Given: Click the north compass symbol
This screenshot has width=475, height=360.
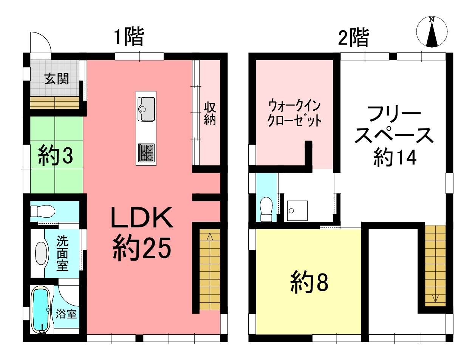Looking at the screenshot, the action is [x=432, y=32].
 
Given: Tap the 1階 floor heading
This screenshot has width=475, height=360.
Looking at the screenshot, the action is [x=129, y=37].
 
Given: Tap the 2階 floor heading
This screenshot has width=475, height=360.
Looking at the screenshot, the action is [x=353, y=38].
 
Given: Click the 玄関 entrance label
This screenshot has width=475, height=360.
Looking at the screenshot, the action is [x=57, y=79].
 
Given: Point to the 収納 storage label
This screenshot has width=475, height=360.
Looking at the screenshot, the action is [x=209, y=114].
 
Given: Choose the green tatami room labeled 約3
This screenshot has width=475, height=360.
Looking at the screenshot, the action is [x=56, y=155].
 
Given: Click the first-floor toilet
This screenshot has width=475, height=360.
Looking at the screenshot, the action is [x=42, y=211].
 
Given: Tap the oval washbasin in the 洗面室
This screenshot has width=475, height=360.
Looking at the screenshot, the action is [x=41, y=253].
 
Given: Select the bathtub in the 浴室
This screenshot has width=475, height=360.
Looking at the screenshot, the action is [x=41, y=310].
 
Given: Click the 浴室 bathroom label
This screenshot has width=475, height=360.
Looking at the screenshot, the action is [x=66, y=314].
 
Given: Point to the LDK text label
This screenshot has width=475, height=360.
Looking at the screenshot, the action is [x=142, y=218].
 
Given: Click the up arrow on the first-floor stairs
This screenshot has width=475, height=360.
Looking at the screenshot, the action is [x=209, y=237].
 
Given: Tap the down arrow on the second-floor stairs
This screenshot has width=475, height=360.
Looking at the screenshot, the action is [x=435, y=298].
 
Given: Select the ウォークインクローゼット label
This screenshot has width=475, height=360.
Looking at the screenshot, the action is [x=294, y=113].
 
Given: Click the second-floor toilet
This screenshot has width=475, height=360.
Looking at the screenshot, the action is [x=266, y=209].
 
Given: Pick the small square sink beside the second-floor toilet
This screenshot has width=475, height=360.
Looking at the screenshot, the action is [x=297, y=211].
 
